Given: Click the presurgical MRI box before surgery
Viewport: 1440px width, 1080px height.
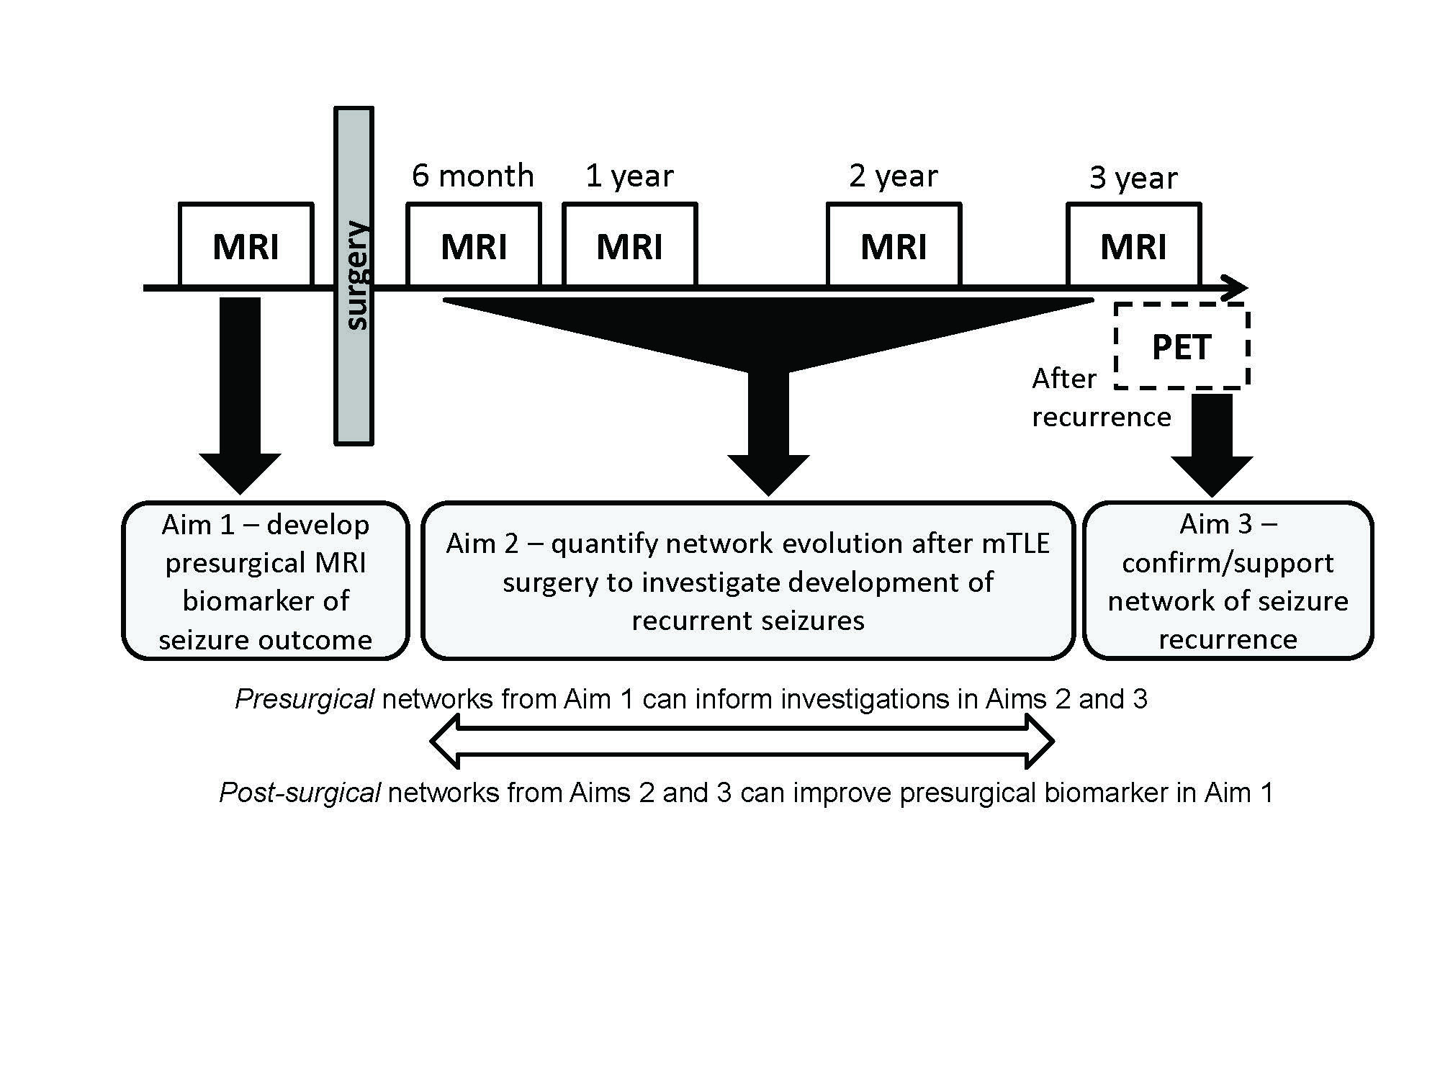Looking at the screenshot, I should (246, 245).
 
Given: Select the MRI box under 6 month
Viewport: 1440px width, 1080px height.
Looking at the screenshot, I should (473, 245).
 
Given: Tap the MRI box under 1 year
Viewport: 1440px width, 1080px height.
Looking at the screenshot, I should (629, 245).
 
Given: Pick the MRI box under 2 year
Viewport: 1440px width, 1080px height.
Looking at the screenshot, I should (894, 245).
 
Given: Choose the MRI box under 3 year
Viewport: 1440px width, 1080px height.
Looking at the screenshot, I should (1133, 245).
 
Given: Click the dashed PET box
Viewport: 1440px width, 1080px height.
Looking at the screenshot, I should (1181, 346).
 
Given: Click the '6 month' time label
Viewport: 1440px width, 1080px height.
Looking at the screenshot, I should (472, 176).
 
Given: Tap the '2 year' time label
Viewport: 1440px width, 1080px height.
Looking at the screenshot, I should (893, 176).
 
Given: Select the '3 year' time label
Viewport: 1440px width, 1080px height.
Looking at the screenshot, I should (1133, 178).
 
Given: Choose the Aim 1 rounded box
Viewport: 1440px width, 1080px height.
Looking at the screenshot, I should (265, 581).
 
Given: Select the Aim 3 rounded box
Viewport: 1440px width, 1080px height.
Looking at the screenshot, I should (1228, 581).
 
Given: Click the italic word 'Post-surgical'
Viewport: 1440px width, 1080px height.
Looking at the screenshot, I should (300, 793).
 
